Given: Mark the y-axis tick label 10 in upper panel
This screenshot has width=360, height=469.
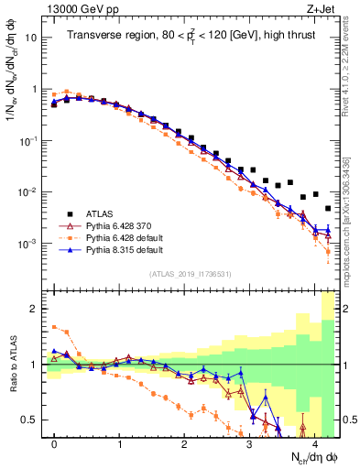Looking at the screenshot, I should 29,38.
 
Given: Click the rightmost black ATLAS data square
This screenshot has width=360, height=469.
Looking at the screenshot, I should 328,209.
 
